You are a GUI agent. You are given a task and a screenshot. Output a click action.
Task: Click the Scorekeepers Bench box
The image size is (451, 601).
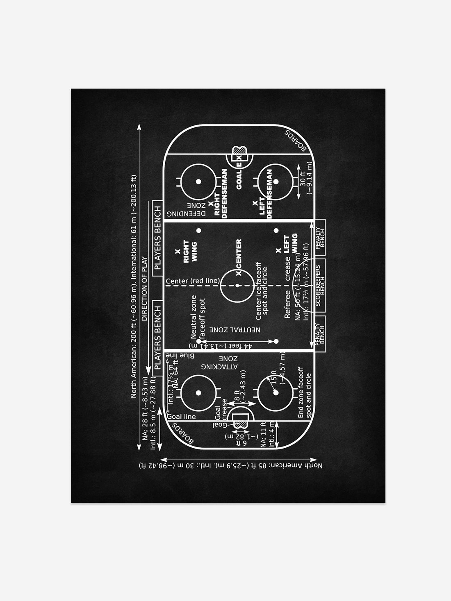click(320, 286)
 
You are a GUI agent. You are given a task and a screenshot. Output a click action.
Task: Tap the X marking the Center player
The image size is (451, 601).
click(238, 273)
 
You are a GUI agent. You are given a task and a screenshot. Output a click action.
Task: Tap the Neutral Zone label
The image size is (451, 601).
click(235, 329)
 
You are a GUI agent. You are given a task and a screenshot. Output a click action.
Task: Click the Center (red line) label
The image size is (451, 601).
click(192, 281)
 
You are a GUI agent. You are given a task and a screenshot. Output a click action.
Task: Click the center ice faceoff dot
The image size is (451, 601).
click(238, 285)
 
